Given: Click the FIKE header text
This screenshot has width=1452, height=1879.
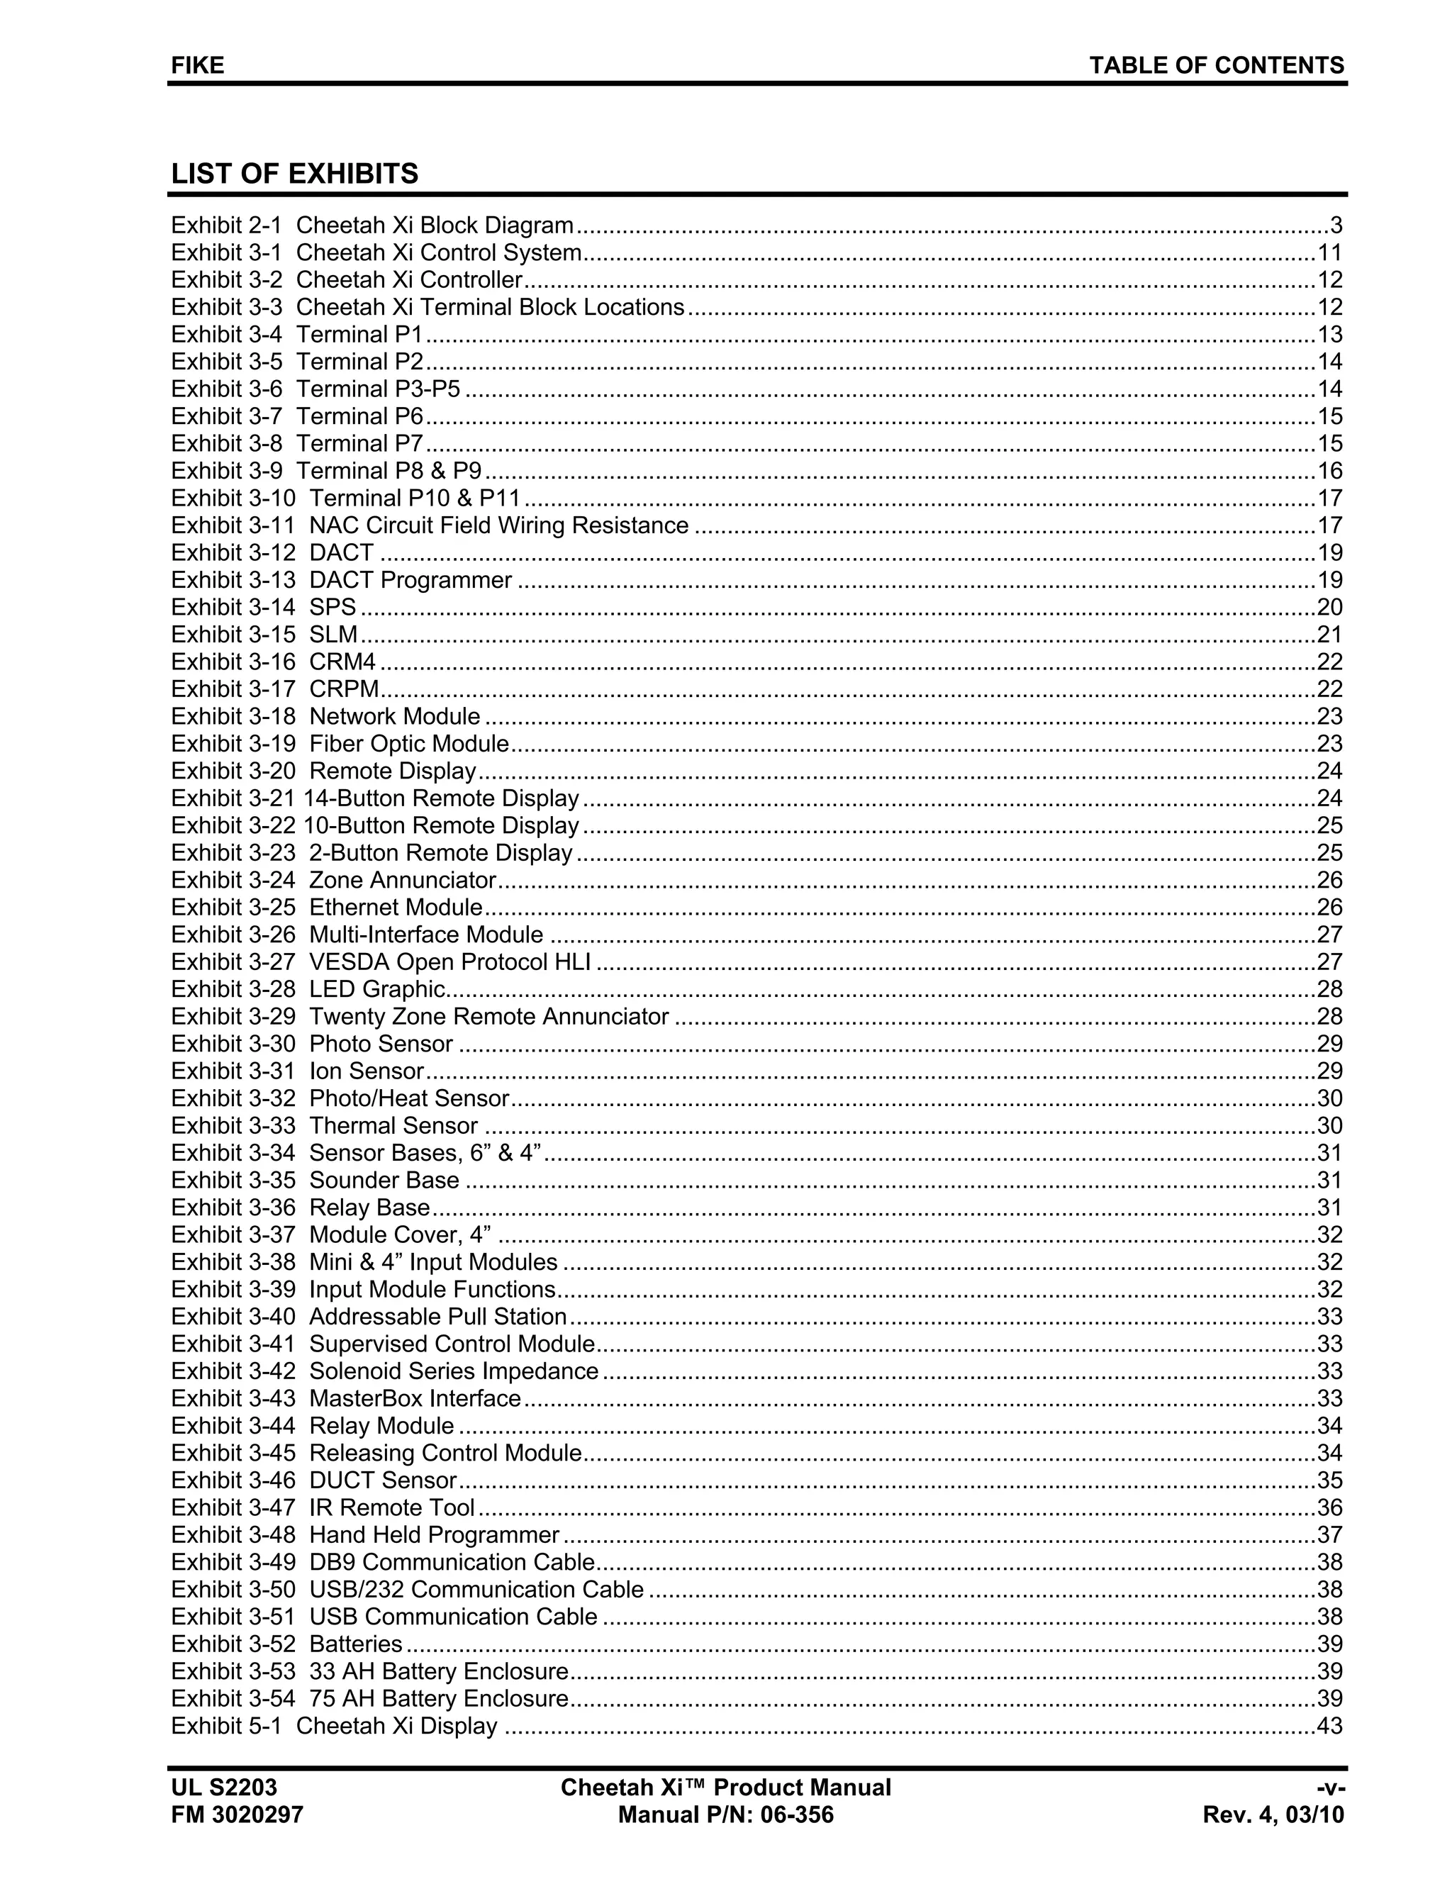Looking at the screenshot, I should pyautogui.click(x=198, y=65).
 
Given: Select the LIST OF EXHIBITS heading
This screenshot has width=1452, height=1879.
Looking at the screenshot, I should pyautogui.click(x=294, y=174).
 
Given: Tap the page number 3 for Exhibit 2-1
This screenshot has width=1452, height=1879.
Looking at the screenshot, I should pyautogui.click(x=1336, y=225).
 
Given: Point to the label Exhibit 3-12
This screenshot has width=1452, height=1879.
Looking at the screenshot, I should pyautogui.click(x=233, y=552).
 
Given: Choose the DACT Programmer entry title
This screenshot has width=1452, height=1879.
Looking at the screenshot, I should pyautogui.click(x=411, y=580).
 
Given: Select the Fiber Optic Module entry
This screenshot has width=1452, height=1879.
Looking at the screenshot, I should pyautogui.click(x=408, y=745).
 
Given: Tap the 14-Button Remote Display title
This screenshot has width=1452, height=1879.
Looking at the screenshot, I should pyautogui.click(x=441, y=798).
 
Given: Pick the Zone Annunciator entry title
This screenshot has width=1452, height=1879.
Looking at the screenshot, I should pyautogui.click(x=403, y=880).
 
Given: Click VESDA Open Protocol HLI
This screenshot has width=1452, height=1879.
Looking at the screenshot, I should pyautogui.click(x=450, y=962).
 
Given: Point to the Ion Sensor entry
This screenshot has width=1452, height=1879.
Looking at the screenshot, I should pyautogui.click(x=367, y=1071).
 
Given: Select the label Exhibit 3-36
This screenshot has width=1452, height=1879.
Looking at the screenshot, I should pyautogui.click(x=233, y=1208).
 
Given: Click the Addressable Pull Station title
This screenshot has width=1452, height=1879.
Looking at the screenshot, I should pyautogui.click(x=438, y=1317).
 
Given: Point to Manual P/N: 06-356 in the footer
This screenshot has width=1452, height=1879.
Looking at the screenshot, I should pyautogui.click(x=726, y=1815).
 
